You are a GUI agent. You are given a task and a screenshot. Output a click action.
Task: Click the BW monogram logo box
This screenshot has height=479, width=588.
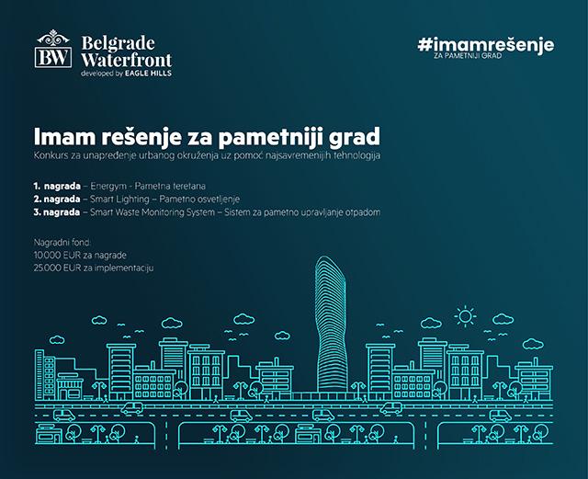click(53, 57)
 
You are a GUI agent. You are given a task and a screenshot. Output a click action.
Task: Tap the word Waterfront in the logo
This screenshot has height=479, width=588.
click(127, 60)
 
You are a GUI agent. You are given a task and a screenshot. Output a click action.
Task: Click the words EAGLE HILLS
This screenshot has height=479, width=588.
click(148, 74)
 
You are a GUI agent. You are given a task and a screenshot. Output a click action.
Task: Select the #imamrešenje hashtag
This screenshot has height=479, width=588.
click(486, 45)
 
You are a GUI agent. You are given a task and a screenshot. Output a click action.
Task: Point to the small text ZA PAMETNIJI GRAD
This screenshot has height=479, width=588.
click(468, 55)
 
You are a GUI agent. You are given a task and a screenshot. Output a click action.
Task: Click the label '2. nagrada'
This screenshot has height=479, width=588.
click(57, 199)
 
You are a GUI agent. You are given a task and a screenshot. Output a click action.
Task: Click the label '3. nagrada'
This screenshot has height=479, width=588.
click(57, 212)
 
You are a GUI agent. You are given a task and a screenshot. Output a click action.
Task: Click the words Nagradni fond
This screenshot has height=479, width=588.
click(62, 242)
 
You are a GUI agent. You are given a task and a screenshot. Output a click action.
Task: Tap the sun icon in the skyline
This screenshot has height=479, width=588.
click(465, 317)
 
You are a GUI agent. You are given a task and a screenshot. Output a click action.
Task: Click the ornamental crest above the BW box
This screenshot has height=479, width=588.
click(53, 38)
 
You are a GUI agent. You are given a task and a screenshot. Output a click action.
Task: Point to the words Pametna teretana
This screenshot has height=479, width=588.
click(170, 187)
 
